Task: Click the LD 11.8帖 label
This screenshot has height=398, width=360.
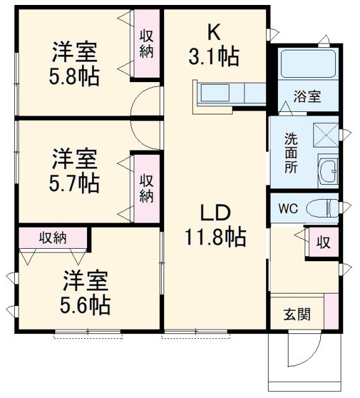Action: coord(215,225)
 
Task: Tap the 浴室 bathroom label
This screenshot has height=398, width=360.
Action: coord(307,96)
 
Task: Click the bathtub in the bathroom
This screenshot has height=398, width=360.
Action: coord(307,65)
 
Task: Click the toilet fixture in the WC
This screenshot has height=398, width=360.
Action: coord(325,208)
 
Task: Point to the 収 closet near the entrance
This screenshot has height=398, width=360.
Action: coord(323,242)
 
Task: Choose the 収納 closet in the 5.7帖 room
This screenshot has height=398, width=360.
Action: coord(147,188)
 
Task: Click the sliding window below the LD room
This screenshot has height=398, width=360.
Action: coord(196,335)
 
